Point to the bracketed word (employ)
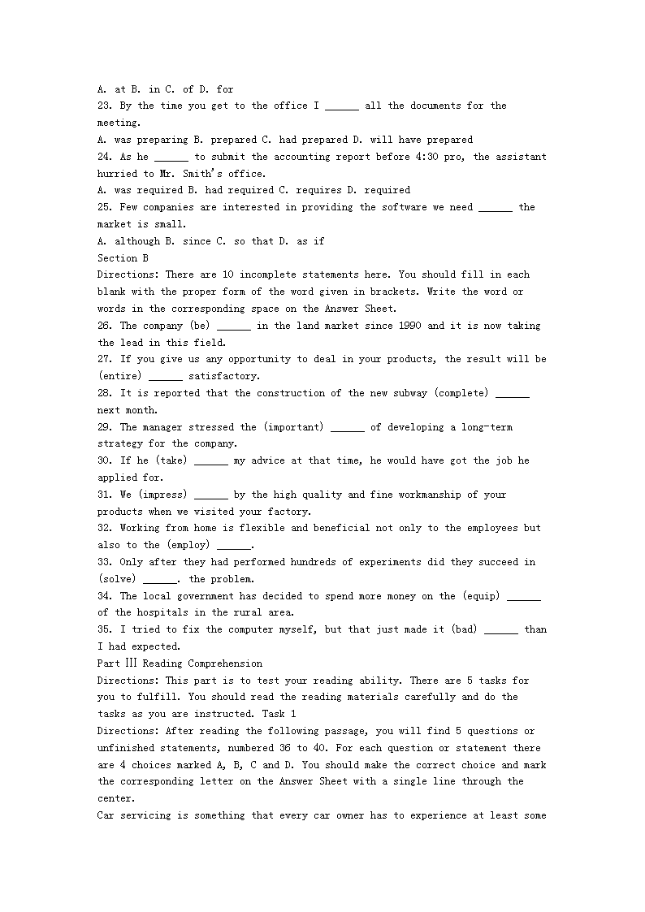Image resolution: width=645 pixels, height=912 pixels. (188, 545)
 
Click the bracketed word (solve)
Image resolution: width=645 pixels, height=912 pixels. (117, 579)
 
